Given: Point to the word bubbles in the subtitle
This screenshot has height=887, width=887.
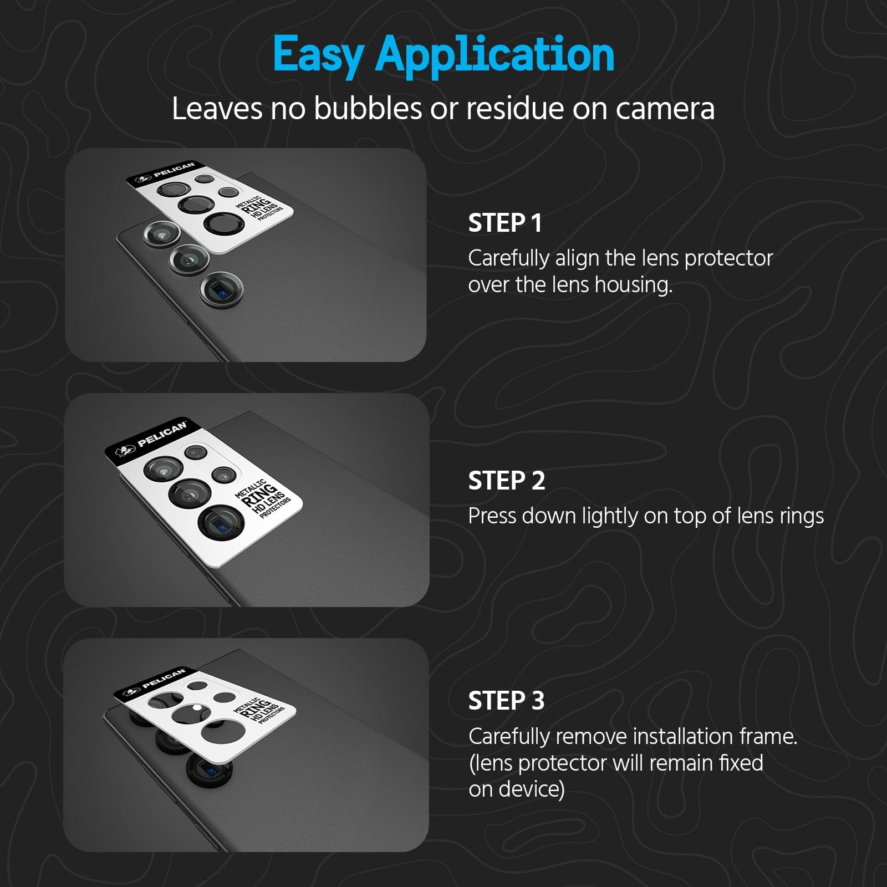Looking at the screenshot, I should (x=368, y=108).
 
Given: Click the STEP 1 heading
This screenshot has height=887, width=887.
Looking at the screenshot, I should (x=505, y=223).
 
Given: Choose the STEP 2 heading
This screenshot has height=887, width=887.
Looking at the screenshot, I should (x=507, y=481).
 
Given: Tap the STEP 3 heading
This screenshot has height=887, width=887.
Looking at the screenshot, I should (x=507, y=701).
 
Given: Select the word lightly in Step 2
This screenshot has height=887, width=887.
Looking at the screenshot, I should (x=608, y=516).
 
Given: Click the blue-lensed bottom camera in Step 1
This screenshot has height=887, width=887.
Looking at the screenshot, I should (x=221, y=289).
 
